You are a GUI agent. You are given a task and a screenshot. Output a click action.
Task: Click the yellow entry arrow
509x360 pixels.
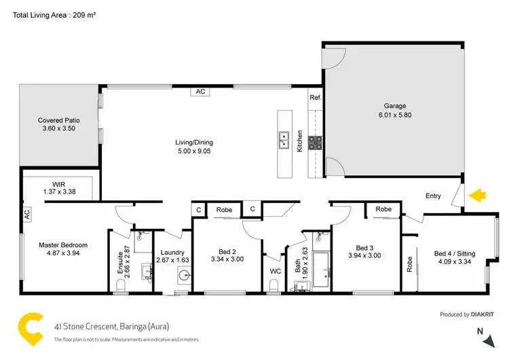click(478, 196)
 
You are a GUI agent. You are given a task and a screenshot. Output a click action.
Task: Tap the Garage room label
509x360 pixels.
click(395, 106)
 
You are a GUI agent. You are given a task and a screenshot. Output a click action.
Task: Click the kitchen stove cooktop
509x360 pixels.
click(316, 142)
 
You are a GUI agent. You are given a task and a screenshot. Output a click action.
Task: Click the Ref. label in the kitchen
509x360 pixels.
click(315, 98)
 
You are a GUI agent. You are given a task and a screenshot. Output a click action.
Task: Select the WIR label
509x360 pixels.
click(59, 184)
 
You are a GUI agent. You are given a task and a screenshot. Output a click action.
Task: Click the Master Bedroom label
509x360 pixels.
click(63, 245)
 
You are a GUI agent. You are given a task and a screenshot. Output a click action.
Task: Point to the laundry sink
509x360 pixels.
click(183, 276)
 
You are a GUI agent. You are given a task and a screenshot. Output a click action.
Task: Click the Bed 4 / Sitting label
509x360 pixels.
click(454, 253)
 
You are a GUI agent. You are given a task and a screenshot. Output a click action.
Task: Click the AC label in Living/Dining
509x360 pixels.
click(200, 91)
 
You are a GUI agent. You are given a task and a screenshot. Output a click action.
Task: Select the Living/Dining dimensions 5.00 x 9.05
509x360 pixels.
click(194, 151)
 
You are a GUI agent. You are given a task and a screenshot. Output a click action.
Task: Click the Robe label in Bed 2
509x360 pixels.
click(224, 210)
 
